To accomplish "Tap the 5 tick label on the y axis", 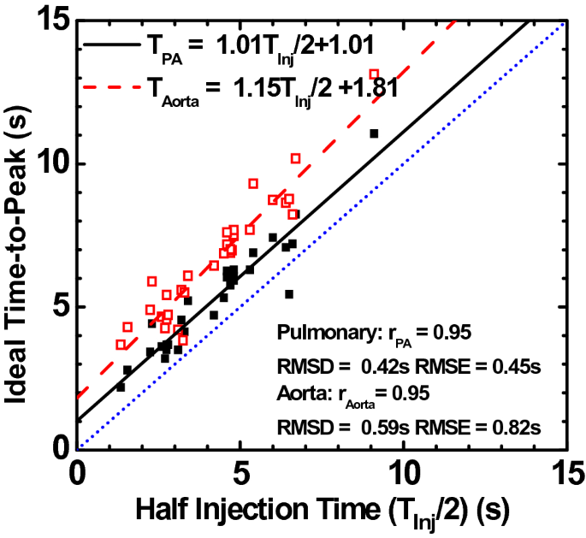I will [56, 306].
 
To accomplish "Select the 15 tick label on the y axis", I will [47, 21].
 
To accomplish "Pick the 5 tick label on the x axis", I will [241, 473].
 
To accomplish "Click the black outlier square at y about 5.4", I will [289, 294].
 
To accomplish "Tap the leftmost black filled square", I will [121, 387].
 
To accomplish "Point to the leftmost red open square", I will [121, 345].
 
